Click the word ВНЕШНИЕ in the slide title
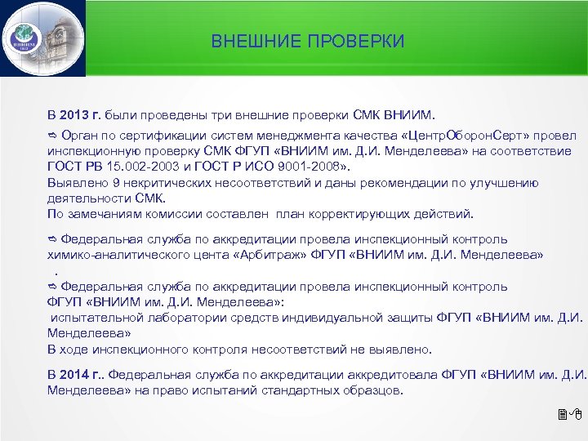(x=245, y=41)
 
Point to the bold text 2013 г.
(x=82, y=114)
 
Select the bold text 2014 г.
(x=82, y=376)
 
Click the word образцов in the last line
(x=372, y=390)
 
